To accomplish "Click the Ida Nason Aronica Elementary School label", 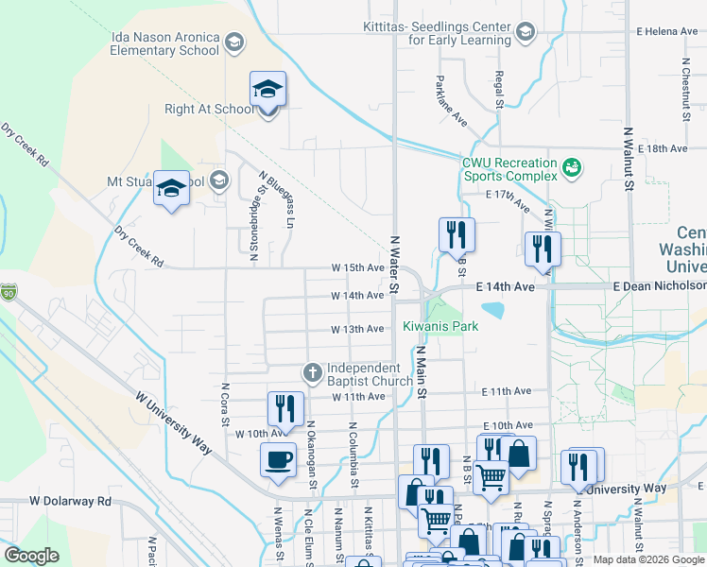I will [x=165, y=43].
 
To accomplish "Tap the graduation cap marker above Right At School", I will [x=267, y=92].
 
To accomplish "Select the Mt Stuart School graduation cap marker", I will [x=171, y=189].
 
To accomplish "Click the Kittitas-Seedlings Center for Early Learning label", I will [x=459, y=33].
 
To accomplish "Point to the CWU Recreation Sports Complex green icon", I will [x=571, y=169].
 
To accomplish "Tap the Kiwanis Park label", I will [x=440, y=327].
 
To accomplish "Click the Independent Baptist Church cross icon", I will [x=313, y=373].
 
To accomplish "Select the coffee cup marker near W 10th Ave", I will [x=278, y=460].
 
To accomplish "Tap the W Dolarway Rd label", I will [x=70, y=501].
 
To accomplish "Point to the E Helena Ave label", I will [x=667, y=31].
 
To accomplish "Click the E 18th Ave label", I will [x=663, y=149].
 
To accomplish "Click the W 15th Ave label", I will [x=357, y=268].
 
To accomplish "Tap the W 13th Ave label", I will [x=357, y=329].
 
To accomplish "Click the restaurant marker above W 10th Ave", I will [x=285, y=409].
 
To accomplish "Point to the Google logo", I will [x=31, y=556].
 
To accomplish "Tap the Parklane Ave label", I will [x=454, y=101].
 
